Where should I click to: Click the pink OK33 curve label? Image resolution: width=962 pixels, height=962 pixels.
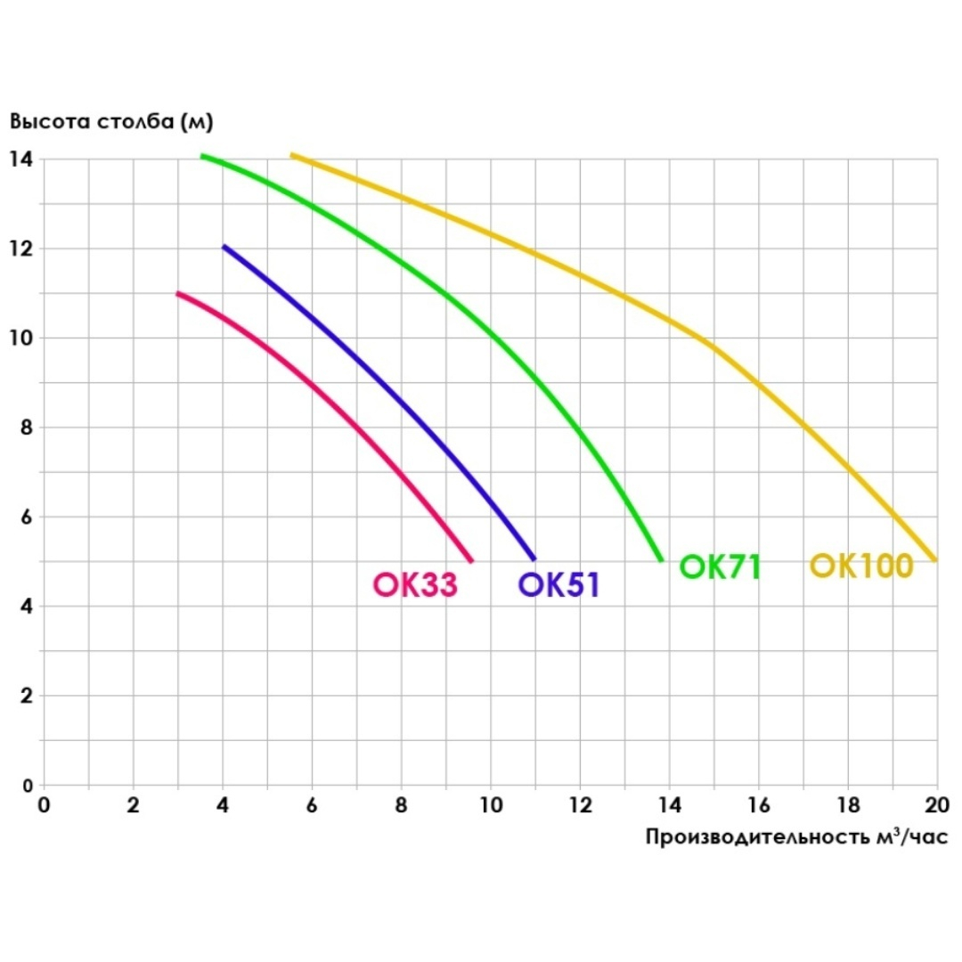point(415,584)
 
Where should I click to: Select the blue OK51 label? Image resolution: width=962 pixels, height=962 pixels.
point(558,584)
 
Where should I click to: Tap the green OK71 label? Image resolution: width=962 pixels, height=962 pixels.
point(720,567)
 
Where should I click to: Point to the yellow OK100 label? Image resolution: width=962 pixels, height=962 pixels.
point(861,566)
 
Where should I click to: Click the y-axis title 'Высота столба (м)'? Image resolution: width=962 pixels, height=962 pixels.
point(111,121)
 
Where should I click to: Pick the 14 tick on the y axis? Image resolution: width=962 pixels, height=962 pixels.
point(21,159)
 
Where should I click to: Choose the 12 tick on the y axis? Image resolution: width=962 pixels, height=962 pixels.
point(21,249)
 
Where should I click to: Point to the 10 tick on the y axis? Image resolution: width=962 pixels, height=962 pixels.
point(21,338)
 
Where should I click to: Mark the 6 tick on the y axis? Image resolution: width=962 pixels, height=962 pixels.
point(25,517)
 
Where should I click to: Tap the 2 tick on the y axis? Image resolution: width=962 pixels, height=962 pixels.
point(25,696)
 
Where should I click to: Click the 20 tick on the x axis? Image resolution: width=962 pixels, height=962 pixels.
point(936,806)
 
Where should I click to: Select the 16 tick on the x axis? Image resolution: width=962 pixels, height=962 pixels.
point(758,806)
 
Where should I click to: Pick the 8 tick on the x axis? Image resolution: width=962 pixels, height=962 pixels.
point(401,806)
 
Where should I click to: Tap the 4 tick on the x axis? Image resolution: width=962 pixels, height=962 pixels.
point(223,806)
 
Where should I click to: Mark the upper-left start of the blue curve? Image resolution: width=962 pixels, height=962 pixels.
point(224,247)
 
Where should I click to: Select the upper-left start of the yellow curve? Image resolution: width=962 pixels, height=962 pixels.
point(292,156)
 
